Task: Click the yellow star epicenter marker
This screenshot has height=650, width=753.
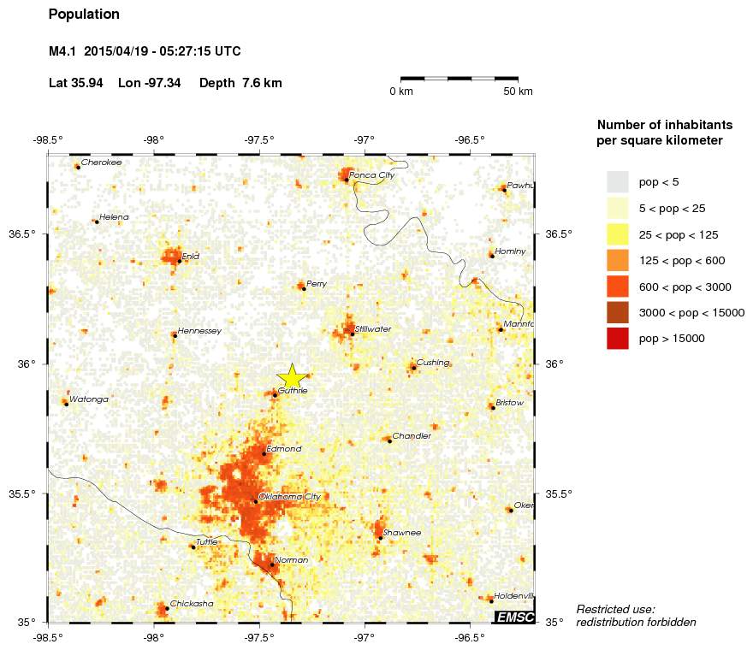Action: click(292, 376)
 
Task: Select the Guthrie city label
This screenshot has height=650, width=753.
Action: click(293, 390)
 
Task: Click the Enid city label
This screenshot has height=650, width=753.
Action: click(191, 256)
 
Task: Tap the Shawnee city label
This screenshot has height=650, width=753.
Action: click(402, 533)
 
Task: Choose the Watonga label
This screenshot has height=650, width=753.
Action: click(89, 399)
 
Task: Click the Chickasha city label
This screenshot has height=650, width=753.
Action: click(192, 604)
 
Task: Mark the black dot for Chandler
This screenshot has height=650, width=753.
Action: click(389, 440)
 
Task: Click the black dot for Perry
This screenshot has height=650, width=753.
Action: click(304, 288)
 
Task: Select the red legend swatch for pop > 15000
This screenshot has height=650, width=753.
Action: click(617, 339)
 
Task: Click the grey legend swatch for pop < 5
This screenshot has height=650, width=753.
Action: click(617, 181)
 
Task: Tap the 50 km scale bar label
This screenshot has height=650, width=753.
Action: click(518, 92)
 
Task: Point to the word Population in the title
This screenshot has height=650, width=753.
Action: click(84, 15)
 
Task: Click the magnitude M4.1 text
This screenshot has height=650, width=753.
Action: click(63, 51)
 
